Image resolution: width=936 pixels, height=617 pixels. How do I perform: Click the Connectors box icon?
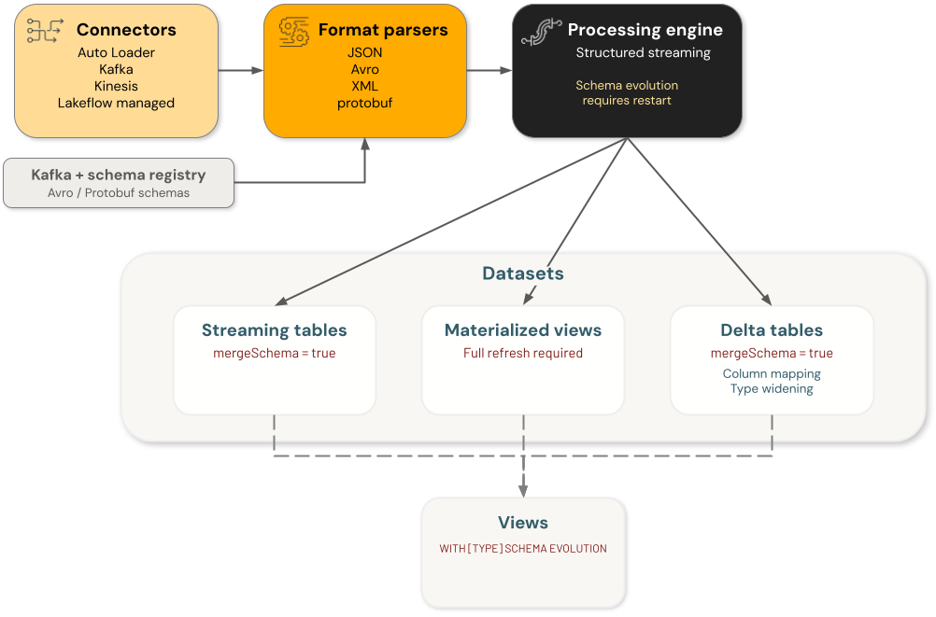click(x=45, y=30)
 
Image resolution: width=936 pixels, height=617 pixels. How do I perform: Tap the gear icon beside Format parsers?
click(x=295, y=30)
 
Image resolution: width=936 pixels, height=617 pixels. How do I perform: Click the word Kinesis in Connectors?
click(x=116, y=86)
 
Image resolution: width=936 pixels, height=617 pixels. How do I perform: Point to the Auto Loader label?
click(x=116, y=52)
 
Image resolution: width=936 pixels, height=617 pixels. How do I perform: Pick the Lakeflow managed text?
click(x=116, y=103)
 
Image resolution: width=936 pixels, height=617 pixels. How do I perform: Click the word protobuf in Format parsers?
click(x=364, y=103)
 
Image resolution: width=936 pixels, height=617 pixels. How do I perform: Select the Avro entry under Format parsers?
click(x=364, y=69)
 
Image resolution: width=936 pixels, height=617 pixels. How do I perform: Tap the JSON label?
click(x=364, y=52)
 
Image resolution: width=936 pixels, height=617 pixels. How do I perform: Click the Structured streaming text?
click(x=643, y=52)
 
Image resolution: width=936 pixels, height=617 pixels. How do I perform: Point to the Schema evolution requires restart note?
click(x=627, y=92)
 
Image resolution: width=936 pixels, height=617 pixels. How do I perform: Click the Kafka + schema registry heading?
click(x=118, y=175)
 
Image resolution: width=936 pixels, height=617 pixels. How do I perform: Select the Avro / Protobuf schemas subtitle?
click(x=118, y=193)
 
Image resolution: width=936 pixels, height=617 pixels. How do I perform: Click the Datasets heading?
click(x=523, y=273)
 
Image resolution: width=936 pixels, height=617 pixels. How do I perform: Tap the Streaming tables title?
click(x=274, y=330)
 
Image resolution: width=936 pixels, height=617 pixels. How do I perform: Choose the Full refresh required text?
click(x=523, y=353)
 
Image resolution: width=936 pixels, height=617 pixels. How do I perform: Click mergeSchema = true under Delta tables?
click(x=772, y=353)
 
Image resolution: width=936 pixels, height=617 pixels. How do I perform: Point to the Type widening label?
click(x=772, y=388)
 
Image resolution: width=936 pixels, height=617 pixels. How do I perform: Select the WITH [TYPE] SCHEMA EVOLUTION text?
click(x=523, y=549)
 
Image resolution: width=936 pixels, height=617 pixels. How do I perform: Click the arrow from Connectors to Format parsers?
click(x=241, y=70)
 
